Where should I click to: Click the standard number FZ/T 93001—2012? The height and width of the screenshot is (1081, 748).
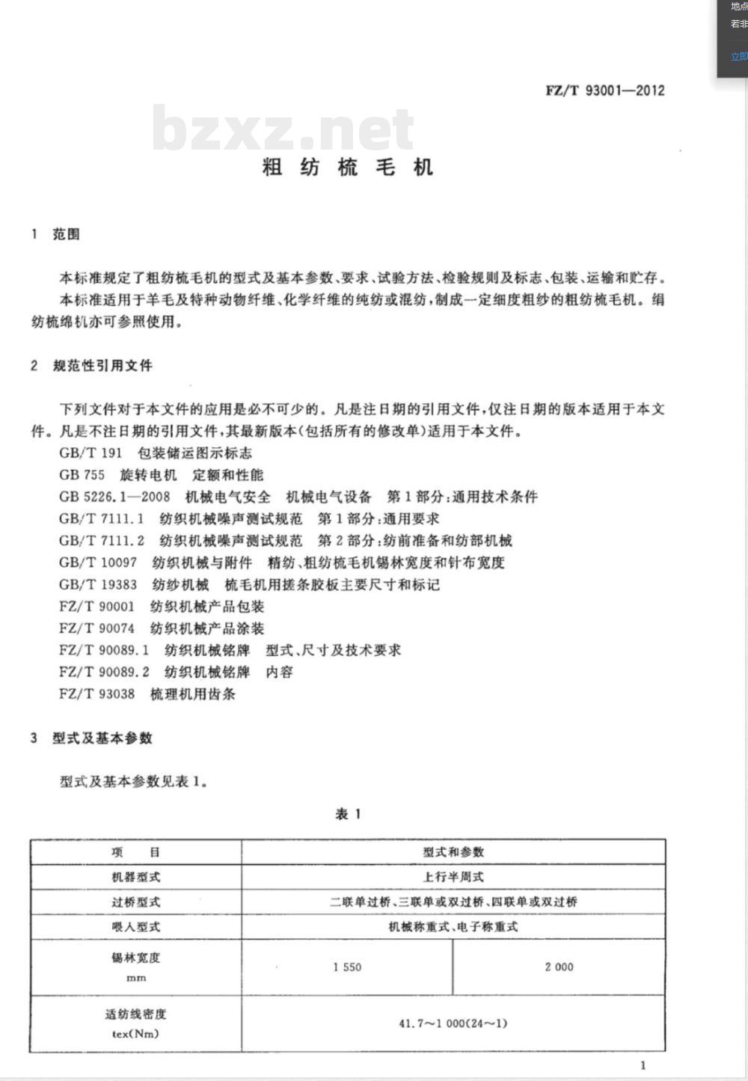[x=604, y=91]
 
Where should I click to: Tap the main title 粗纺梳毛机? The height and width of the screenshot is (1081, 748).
[x=348, y=167]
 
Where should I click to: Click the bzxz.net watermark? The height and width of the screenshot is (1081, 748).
[x=283, y=129]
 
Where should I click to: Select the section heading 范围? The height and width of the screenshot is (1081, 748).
[x=66, y=234]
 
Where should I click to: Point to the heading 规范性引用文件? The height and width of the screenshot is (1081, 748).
[x=102, y=365]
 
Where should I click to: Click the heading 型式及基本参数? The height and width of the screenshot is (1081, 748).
[x=102, y=738]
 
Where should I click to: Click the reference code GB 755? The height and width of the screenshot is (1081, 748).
[x=82, y=474]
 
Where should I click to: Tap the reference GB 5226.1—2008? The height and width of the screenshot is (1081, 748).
[x=114, y=497]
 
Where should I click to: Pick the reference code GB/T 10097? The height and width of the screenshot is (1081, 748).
[x=98, y=563]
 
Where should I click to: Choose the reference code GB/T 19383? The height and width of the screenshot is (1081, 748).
[x=98, y=584]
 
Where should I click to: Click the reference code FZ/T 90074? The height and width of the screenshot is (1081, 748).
[x=96, y=628]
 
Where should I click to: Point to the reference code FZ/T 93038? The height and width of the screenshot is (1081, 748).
[x=96, y=693]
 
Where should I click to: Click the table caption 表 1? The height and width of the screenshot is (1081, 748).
[x=348, y=814]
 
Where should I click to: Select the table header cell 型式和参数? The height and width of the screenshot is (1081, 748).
[x=453, y=852]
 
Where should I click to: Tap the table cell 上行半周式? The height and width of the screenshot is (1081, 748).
[x=453, y=877]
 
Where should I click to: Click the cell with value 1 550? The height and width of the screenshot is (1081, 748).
[x=347, y=967]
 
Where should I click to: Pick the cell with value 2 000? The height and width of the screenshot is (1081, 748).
[x=559, y=967]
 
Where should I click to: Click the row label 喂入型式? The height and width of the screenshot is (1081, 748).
[x=135, y=927]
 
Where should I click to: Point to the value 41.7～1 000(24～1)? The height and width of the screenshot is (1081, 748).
[x=453, y=1023]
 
